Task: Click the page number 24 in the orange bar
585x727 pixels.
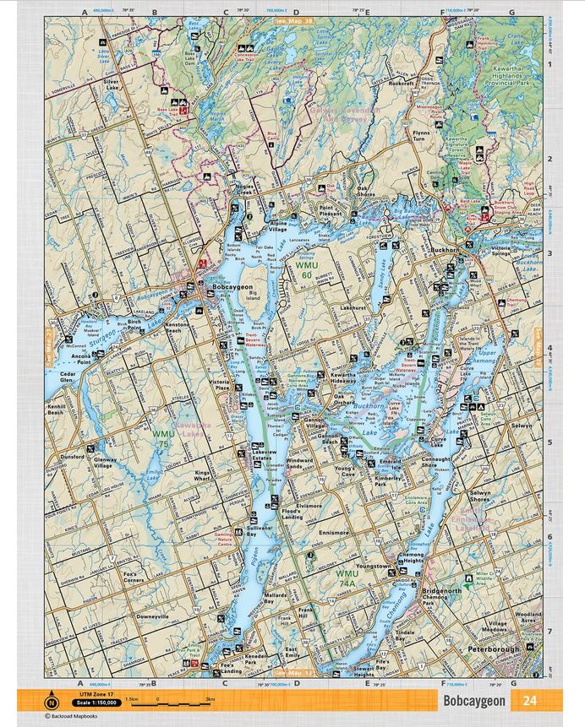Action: pos(529,701)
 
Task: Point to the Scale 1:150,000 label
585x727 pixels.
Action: pos(95,703)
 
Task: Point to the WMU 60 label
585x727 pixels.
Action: pos(306,270)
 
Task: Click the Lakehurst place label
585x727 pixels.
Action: pos(353,308)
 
